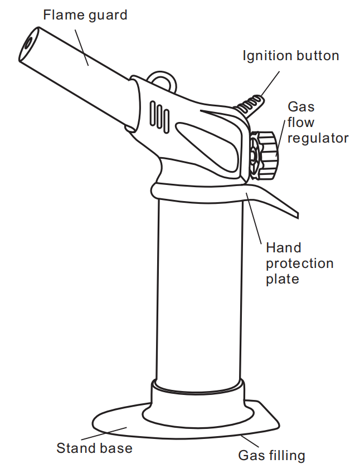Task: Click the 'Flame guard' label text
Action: pos(85,15)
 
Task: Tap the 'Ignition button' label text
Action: pos(290,56)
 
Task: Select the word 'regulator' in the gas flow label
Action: pos(318,138)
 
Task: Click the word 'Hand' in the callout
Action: pos(283,248)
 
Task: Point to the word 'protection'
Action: pos(299,263)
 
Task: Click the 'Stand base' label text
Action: pos(94,447)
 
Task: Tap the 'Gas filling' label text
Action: pos(272,455)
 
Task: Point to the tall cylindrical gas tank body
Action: pos(198,290)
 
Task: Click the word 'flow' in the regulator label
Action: pos(301,122)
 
